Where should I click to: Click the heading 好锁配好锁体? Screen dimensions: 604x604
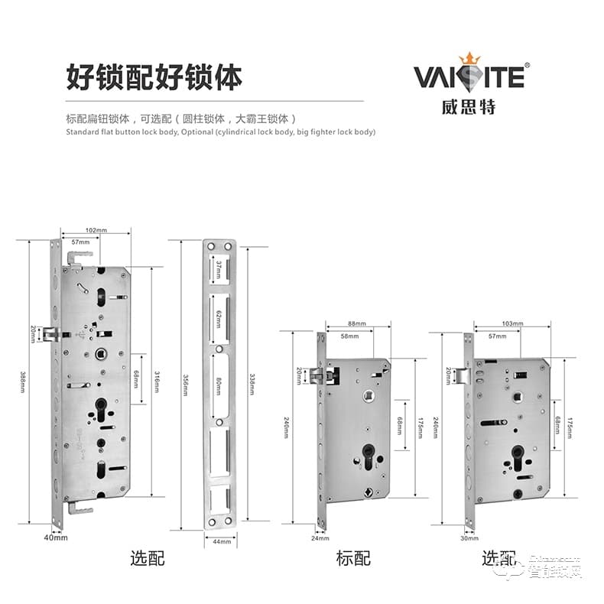click(x=154, y=78)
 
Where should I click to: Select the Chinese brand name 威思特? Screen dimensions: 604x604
click(x=468, y=106)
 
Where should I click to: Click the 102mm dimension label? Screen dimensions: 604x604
click(x=96, y=229)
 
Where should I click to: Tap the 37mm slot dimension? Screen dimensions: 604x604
click(x=218, y=270)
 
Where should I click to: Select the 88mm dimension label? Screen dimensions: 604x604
click(x=356, y=324)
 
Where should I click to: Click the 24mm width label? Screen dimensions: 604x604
click(x=320, y=537)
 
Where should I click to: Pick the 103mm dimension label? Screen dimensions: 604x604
click(x=513, y=324)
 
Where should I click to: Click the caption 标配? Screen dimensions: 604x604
click(x=353, y=559)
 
